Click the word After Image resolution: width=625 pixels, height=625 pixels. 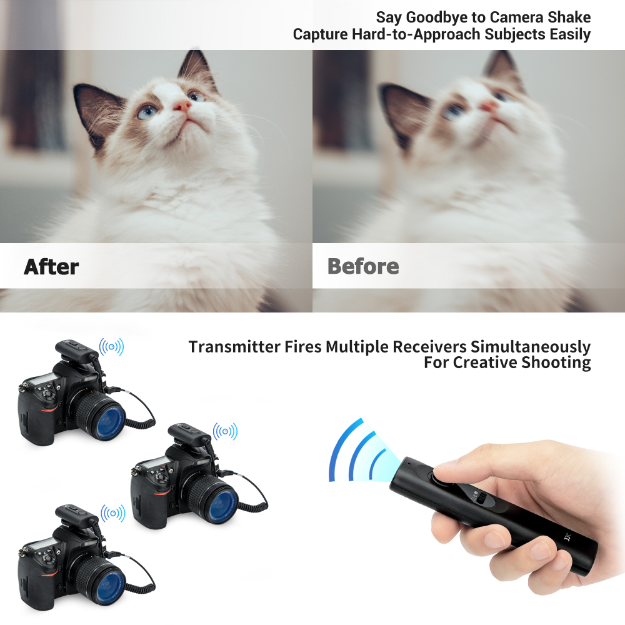(51, 267)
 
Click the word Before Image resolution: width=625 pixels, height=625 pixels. (362, 266)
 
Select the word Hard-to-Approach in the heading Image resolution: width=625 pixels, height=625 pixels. (416, 34)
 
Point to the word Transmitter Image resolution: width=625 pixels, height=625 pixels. (234, 347)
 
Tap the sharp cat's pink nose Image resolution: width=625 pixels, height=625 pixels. (182, 106)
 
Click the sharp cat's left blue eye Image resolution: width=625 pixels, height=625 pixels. (147, 112)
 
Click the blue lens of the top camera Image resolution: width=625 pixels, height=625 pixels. (107, 422)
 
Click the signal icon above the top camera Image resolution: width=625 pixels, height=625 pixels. (112, 347)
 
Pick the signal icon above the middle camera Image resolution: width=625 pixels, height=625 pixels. (225, 431)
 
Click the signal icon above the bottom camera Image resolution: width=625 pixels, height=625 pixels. (112, 513)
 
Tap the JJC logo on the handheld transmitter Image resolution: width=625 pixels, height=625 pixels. (567, 536)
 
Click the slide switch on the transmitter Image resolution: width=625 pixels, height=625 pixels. (479, 498)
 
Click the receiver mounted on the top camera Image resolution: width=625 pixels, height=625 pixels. (77, 349)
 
